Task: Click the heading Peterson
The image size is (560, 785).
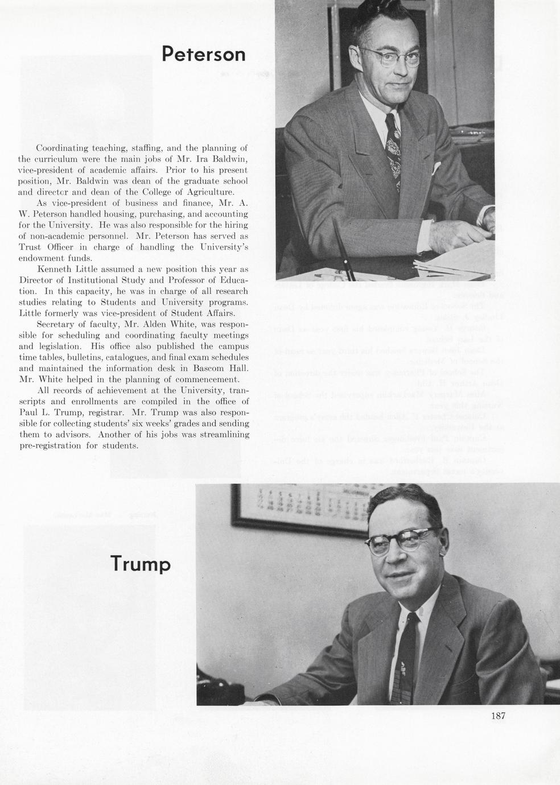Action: pyautogui.click(x=203, y=54)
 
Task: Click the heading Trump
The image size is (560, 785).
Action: pyautogui.click(x=140, y=564)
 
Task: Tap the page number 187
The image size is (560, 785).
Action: pyautogui.click(x=498, y=716)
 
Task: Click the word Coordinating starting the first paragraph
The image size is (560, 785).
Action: pyautogui.click(x=63, y=148)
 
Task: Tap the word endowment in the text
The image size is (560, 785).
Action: pyautogui.click(x=43, y=258)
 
